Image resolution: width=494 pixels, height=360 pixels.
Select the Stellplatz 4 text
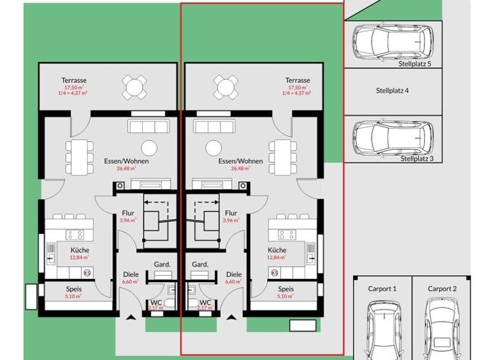click(x=392, y=91)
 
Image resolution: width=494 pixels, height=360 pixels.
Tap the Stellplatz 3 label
click(x=417, y=158)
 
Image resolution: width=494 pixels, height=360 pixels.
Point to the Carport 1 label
click(x=381, y=289)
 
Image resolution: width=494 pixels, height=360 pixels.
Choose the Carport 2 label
click(x=442, y=289)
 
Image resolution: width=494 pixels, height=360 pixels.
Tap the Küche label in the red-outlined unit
click(x=277, y=250)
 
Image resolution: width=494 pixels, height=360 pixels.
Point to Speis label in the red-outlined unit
click(x=286, y=289)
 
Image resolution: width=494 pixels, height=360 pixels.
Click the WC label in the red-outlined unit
click(x=205, y=302)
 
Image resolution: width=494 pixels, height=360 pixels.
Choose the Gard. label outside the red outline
click(x=161, y=264)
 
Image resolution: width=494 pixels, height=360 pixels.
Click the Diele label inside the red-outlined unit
click(x=233, y=274)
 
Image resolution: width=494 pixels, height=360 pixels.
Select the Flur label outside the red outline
click(x=128, y=213)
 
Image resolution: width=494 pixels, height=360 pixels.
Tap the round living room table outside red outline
click(x=149, y=147)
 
